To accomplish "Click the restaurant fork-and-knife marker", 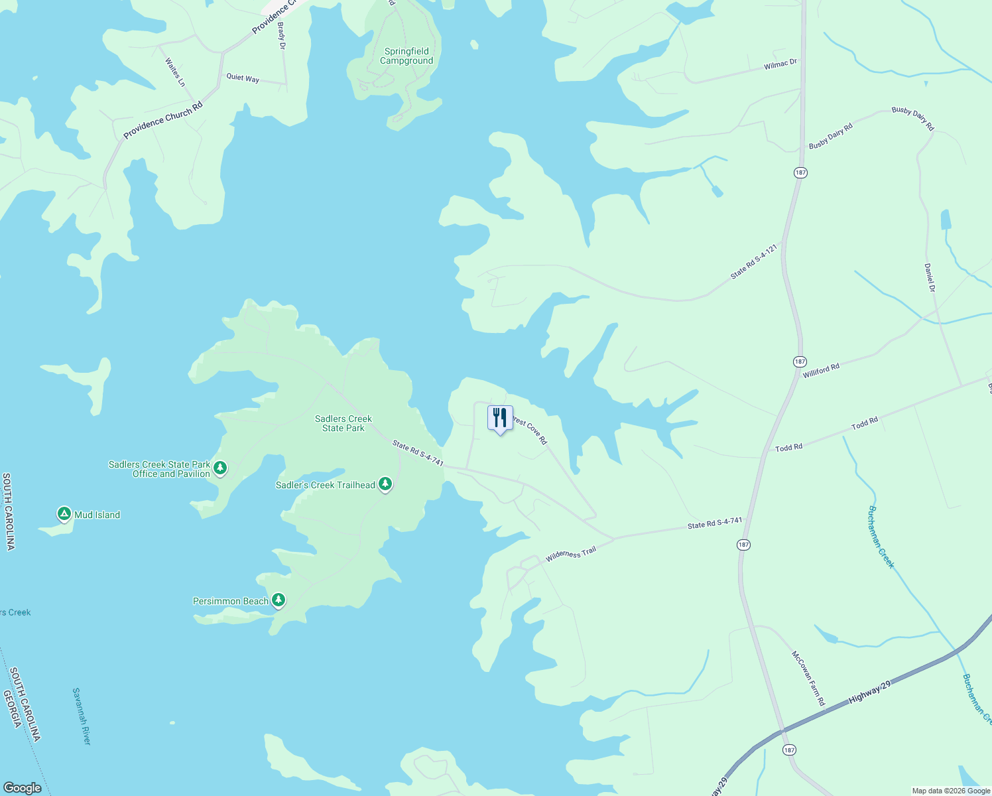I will point(500,418).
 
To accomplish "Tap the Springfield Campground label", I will point(406,56).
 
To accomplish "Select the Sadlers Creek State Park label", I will point(343,423).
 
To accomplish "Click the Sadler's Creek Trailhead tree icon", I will point(385,485).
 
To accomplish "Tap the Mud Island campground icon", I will point(64,514).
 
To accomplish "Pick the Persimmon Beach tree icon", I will point(279,601).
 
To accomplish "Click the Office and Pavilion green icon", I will point(221,468).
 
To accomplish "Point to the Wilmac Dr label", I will point(780,64).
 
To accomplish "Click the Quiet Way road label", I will point(243,78).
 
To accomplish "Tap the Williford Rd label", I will point(821,370).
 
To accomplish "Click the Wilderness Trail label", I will point(571,555).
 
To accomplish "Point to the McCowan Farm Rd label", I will point(808,678).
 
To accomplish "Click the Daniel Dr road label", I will point(930,278).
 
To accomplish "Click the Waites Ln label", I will point(175,72).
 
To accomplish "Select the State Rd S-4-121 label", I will point(754,261).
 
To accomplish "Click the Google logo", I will point(22,788).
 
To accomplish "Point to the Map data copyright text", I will point(951,791).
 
